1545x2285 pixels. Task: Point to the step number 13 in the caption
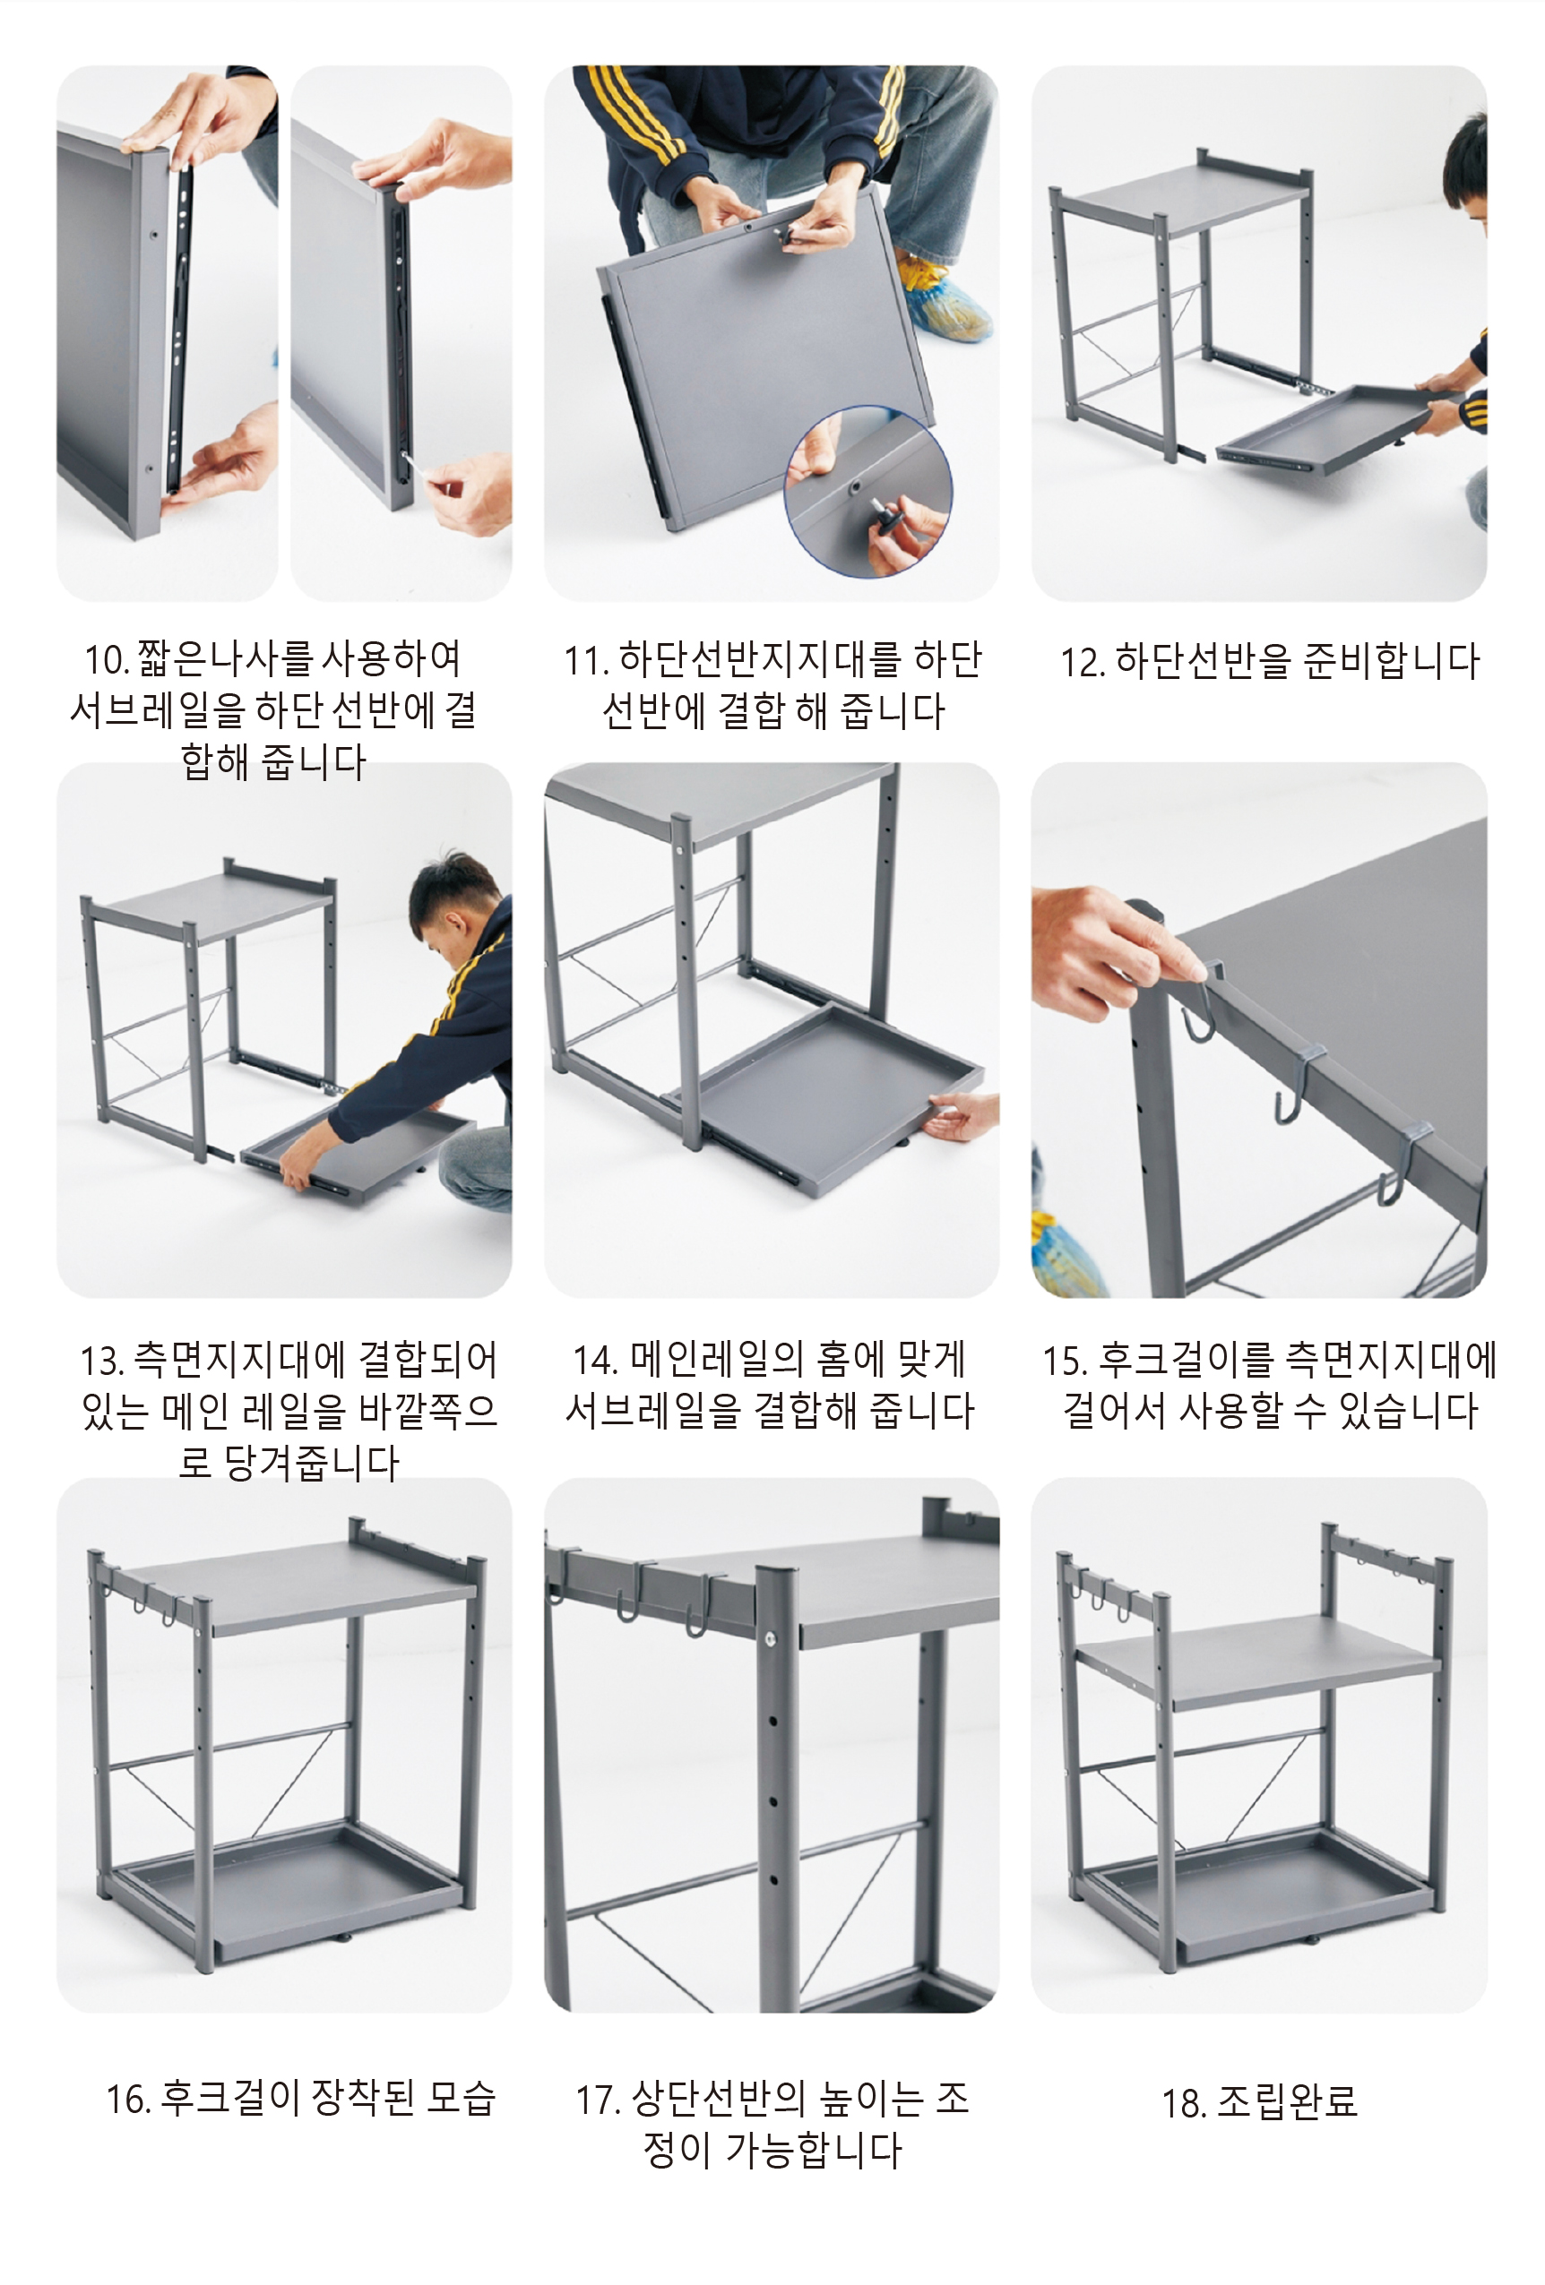tap(101, 1361)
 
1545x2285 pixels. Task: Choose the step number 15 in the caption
tap(1065, 1361)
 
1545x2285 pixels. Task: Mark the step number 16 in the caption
tap(129, 2100)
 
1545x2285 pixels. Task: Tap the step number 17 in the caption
tap(598, 2100)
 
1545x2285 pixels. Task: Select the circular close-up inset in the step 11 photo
tap(867, 492)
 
